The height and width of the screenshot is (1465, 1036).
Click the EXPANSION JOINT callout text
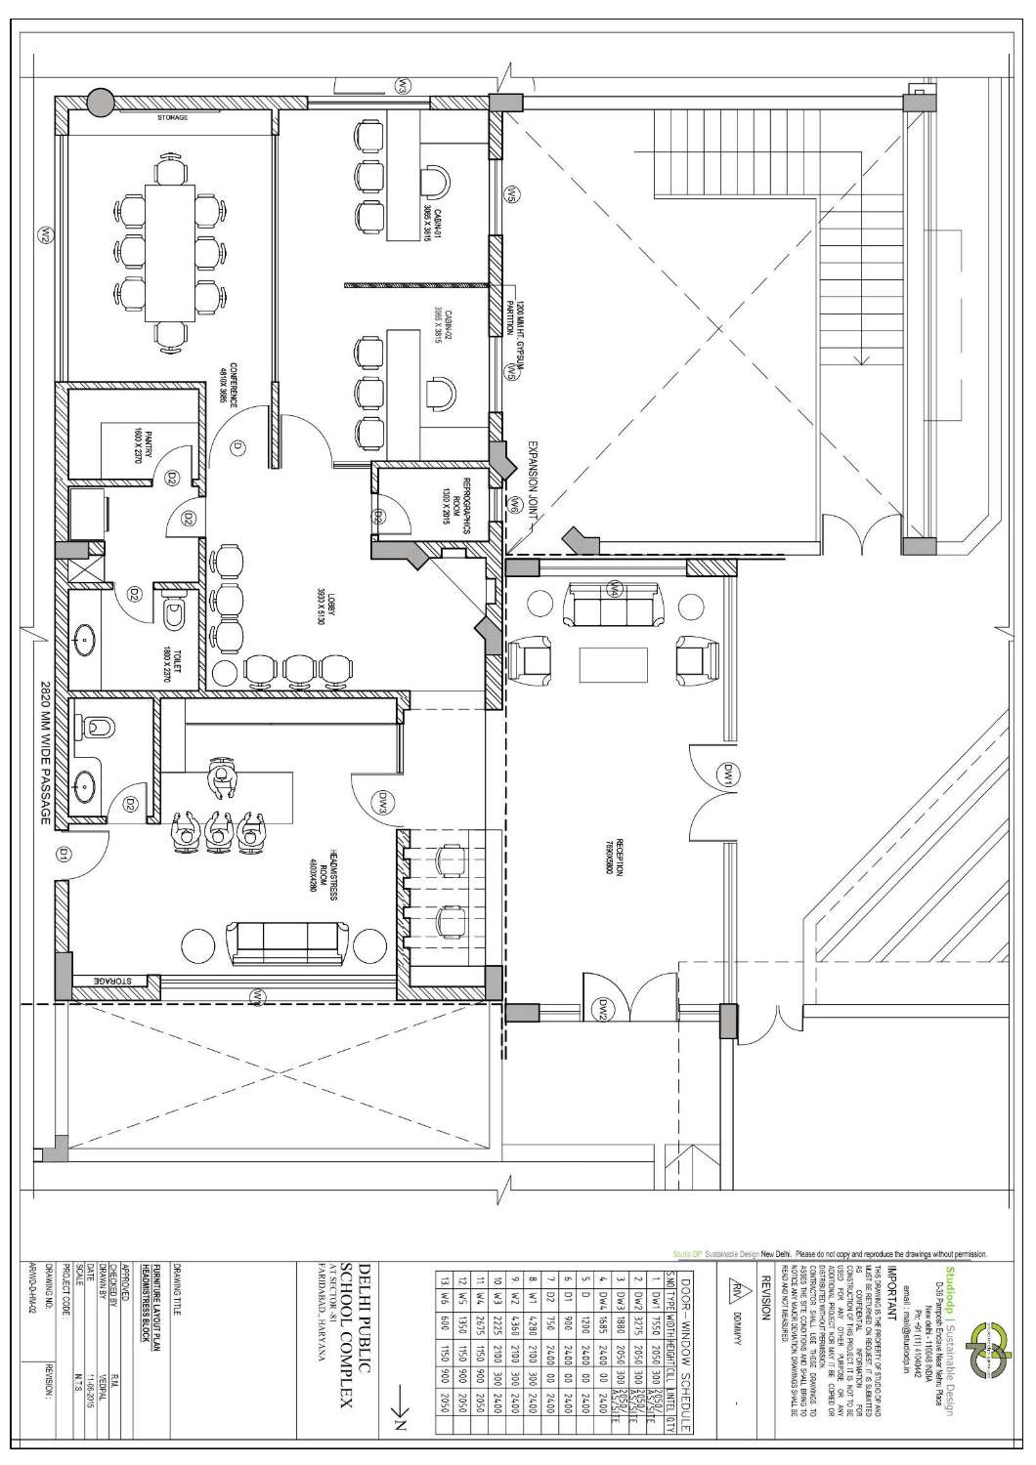(536, 484)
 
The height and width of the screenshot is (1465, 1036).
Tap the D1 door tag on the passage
(61, 856)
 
